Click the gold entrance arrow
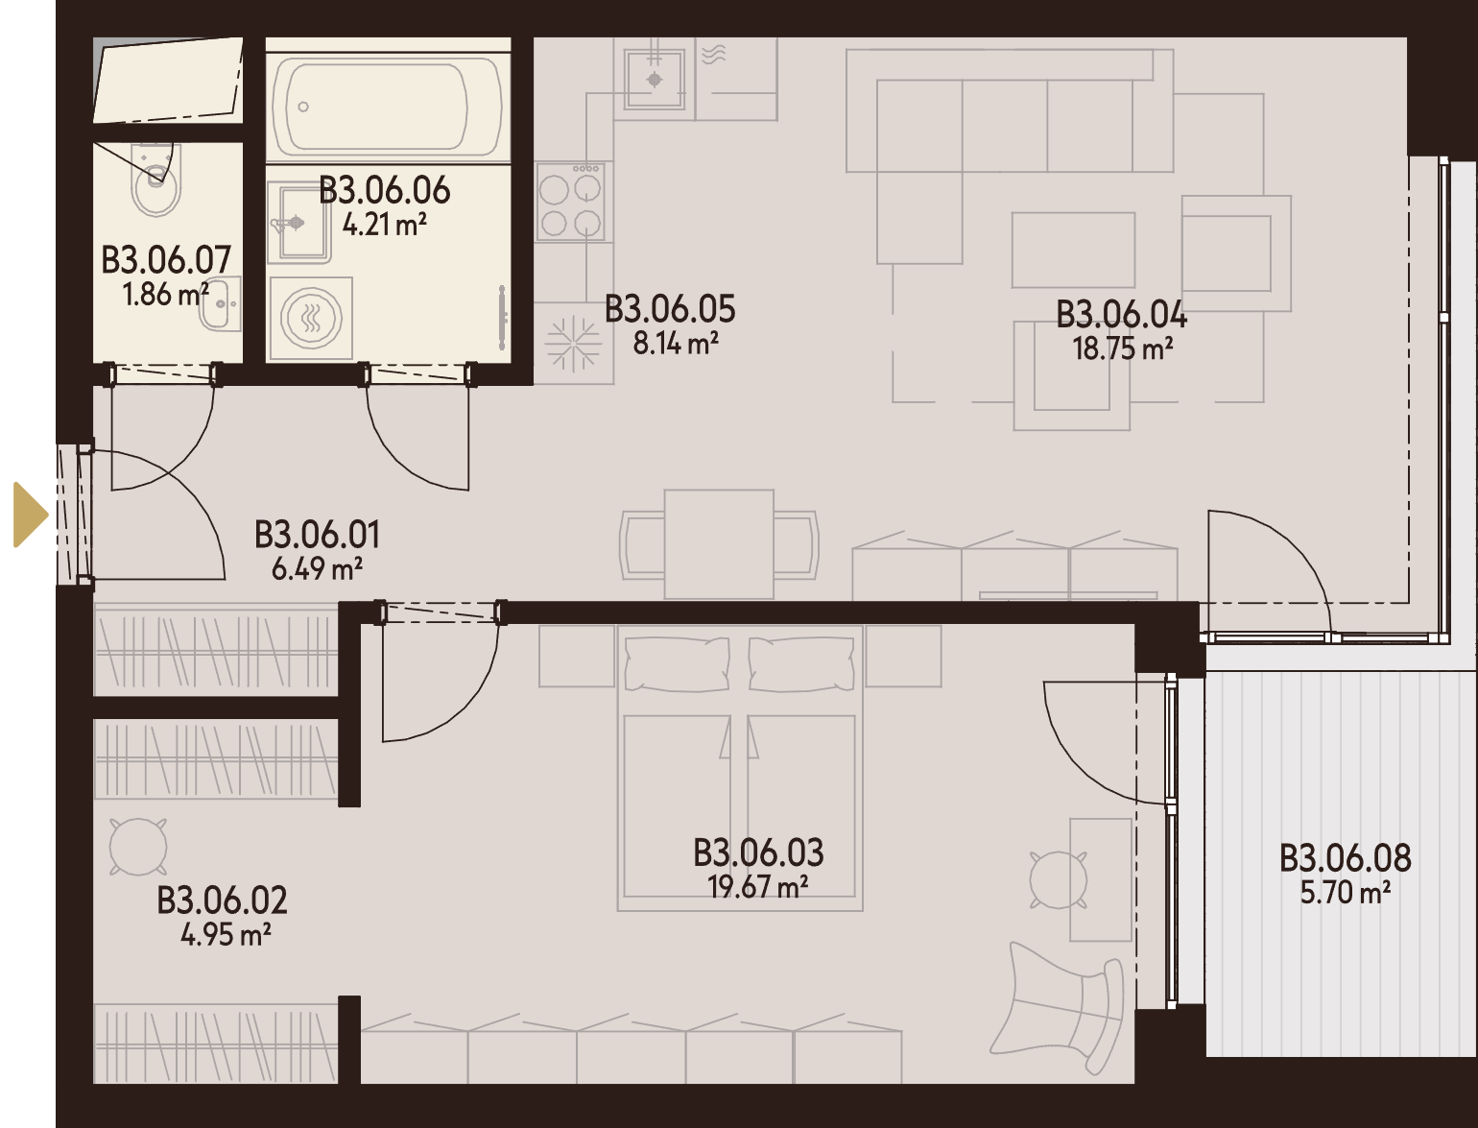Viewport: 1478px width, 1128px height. coord(30,516)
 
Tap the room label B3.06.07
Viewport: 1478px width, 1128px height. coord(166,260)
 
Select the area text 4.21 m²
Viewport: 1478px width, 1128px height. coord(385,224)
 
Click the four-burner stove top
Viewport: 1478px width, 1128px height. coord(570,202)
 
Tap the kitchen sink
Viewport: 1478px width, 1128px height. coord(655,80)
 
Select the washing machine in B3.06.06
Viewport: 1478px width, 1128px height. coord(311,318)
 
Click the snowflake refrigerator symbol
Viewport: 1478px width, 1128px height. coord(572,344)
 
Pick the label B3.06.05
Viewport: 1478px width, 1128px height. coord(670,309)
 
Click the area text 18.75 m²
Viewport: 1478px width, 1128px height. coord(1123,348)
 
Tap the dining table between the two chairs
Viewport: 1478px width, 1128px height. coord(719,544)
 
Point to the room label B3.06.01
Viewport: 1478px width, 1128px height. coord(317,535)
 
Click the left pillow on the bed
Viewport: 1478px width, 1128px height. coord(678,663)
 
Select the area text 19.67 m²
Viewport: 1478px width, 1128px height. coord(757,887)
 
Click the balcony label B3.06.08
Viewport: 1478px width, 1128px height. coord(1346,858)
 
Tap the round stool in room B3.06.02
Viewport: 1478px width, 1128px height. coord(138,847)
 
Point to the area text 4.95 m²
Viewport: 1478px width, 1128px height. coord(226,935)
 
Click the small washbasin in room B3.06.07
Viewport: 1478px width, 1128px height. coord(223,303)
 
